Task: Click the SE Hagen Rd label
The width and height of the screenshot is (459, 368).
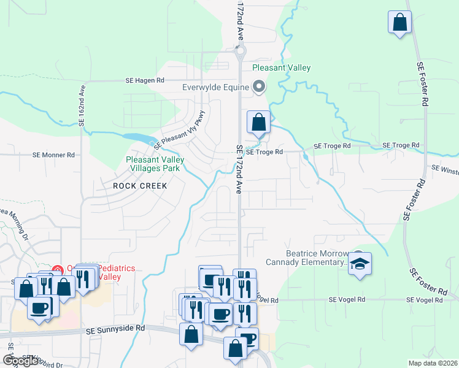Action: pyautogui.click(x=145, y=80)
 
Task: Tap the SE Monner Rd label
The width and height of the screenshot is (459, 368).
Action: pyautogui.click(x=53, y=155)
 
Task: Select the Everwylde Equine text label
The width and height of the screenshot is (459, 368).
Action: pyautogui.click(x=215, y=87)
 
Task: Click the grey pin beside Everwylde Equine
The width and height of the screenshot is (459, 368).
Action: pyautogui.click(x=259, y=88)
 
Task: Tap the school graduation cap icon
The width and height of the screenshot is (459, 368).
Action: pyautogui.click(x=360, y=264)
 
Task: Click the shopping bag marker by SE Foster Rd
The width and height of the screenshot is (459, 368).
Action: pyautogui.click(x=399, y=23)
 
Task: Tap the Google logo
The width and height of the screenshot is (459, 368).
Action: pyautogui.click(x=20, y=361)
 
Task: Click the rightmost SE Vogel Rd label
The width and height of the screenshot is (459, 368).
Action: pyautogui.click(x=425, y=300)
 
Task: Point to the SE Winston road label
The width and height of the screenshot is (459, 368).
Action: pyautogui.click(x=444, y=167)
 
